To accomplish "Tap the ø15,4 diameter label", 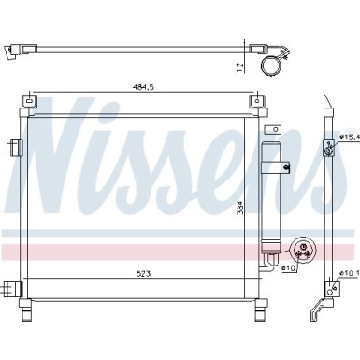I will [350, 137].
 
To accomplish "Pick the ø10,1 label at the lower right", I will [350, 273].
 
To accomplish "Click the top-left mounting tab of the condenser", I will [31, 100].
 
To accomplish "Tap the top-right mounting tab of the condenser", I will [254, 100].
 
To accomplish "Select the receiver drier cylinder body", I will [274, 196].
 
